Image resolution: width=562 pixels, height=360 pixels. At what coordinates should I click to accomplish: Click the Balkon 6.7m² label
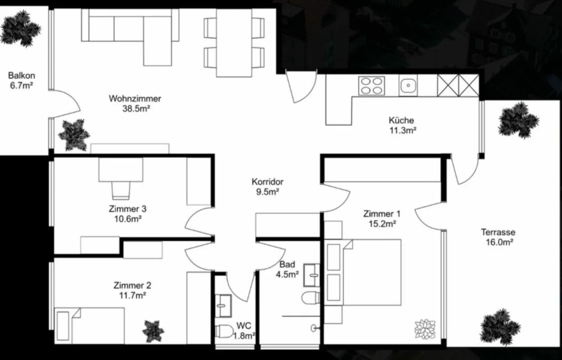coord(22,80)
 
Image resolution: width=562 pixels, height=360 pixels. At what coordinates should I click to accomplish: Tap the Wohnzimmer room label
coord(135,103)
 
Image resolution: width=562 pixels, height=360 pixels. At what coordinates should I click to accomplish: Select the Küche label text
coord(402,125)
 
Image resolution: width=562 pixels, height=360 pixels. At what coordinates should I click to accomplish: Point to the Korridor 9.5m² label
coord(267,186)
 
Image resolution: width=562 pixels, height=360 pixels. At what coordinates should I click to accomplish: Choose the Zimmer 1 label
coord(382,218)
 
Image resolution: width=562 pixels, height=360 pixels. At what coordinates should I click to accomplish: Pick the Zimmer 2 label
coord(132,290)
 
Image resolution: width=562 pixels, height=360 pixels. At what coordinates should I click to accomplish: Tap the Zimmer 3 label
coord(128,214)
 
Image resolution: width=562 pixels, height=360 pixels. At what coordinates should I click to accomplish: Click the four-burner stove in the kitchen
coord(371,85)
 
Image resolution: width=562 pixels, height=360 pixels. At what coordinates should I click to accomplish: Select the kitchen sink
coord(408,85)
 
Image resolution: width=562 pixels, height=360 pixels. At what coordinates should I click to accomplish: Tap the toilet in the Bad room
coord(311,298)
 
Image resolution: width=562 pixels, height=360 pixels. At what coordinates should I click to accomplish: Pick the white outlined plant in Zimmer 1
coord(425,329)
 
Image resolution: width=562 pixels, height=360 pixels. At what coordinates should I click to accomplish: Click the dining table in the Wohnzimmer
coord(235,43)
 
